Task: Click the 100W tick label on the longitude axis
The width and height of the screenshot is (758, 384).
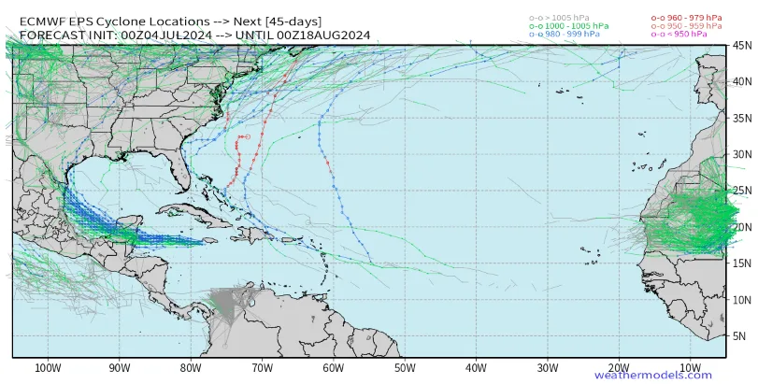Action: pyautogui.click(x=47, y=367)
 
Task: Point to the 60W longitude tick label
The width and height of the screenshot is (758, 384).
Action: pyautogui.click(x=332, y=367)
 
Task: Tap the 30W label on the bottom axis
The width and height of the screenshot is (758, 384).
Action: pyautogui.click(x=546, y=367)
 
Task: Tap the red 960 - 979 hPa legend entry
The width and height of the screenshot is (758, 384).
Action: pyautogui.click(x=687, y=17)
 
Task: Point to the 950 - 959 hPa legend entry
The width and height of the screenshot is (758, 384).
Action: pyautogui.click(x=687, y=25)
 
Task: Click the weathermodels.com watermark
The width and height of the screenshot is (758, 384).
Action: pyautogui.click(x=652, y=376)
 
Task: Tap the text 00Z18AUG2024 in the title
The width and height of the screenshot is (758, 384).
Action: pyautogui.click(x=322, y=36)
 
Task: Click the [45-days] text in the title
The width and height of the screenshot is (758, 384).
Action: pyautogui.click(x=290, y=20)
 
